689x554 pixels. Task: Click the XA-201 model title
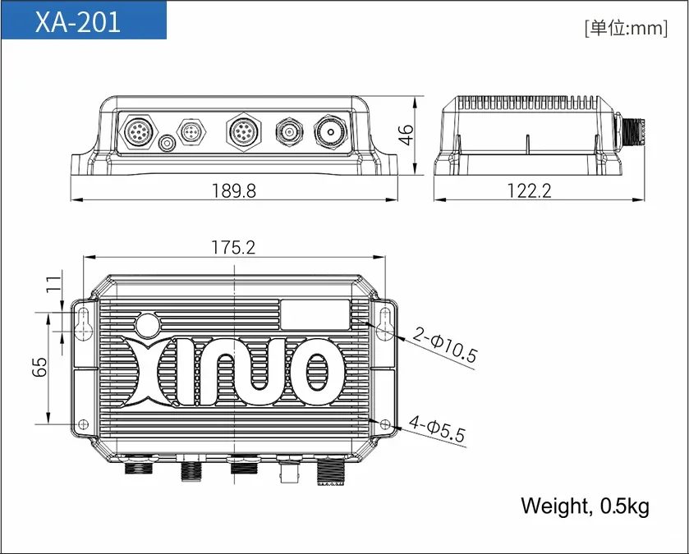pos(78,21)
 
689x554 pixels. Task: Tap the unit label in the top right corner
pos(625,29)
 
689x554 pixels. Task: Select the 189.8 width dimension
pos(233,190)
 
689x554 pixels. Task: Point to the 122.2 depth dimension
pos(528,190)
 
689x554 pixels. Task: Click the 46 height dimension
pos(406,135)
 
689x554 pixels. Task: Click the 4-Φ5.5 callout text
pos(436,429)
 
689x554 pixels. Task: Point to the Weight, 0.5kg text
pos(585,506)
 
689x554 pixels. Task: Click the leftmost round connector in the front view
pos(136,131)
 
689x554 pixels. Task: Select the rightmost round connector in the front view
pos(331,131)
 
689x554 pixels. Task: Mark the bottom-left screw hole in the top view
pos(82,423)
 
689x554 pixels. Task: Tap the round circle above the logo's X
pos(149,324)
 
